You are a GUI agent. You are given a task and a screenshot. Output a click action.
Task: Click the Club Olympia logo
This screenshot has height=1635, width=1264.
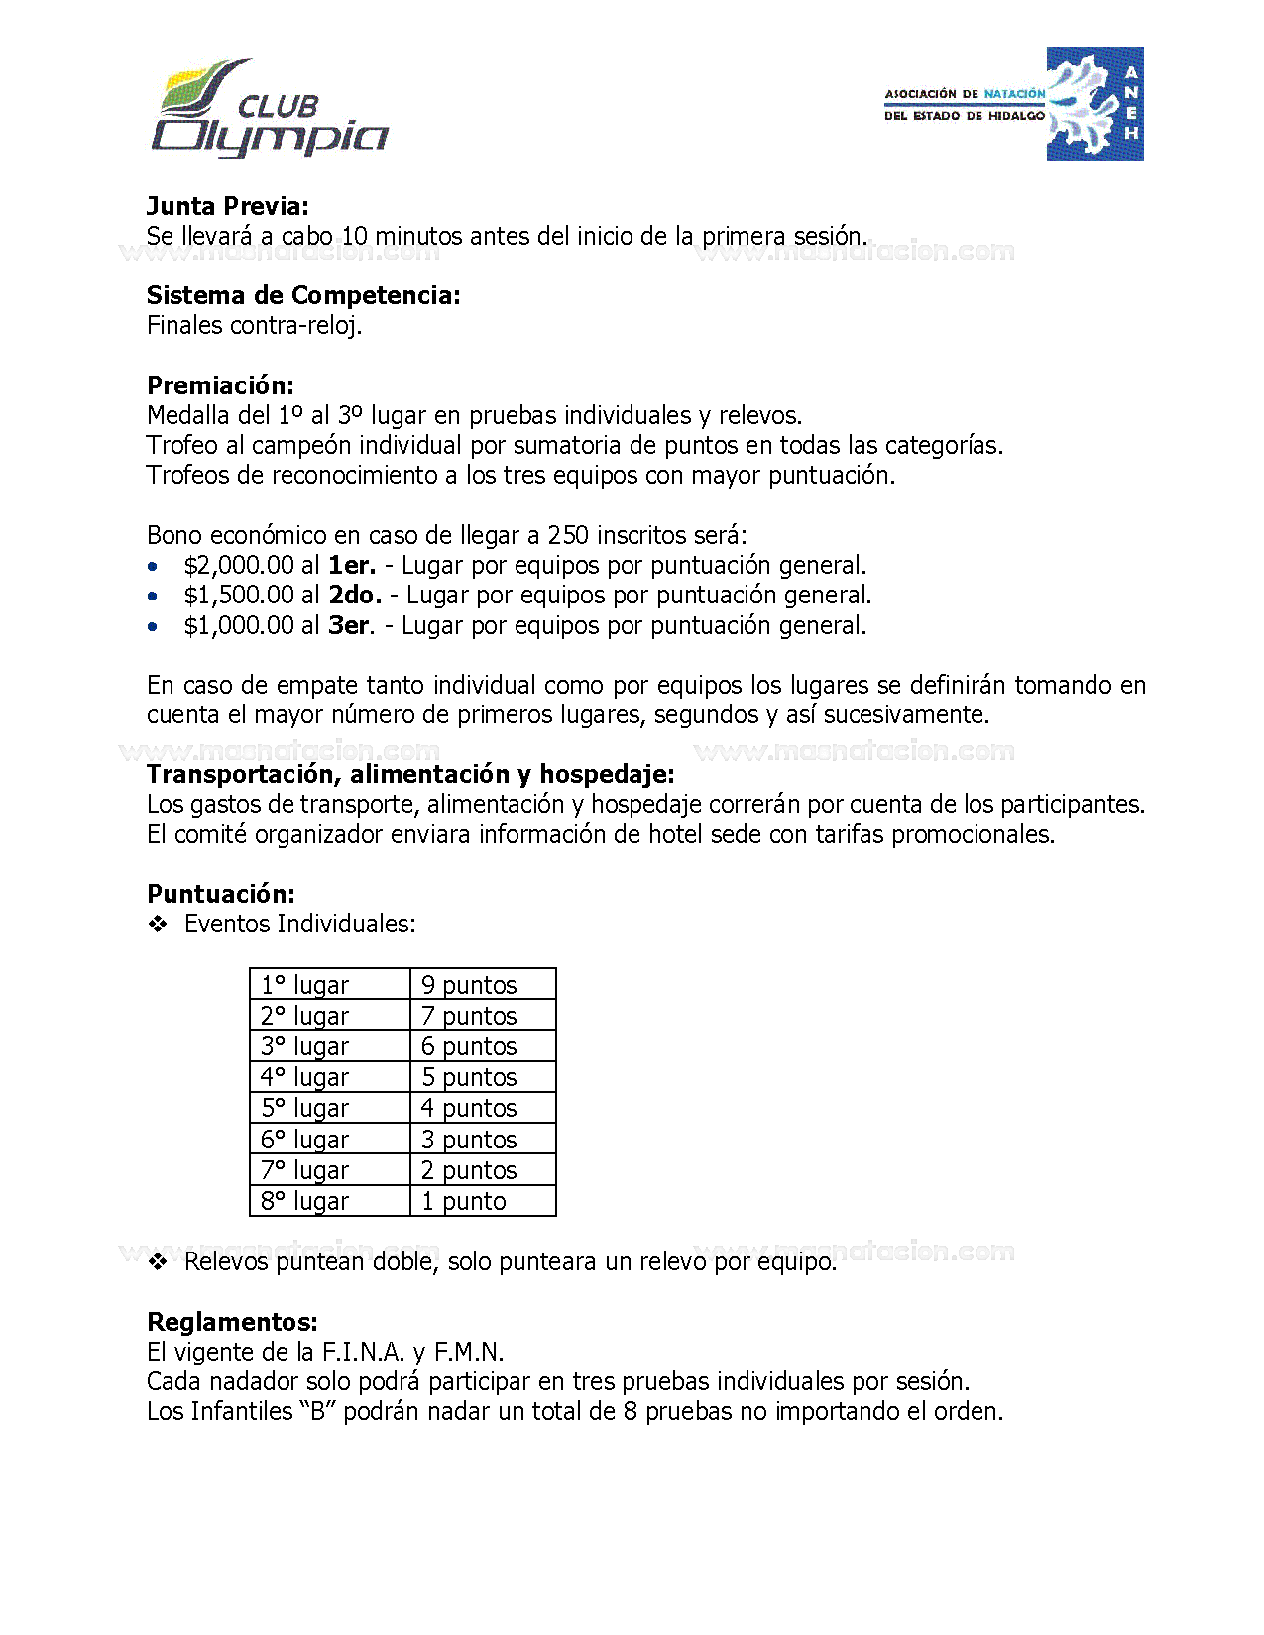[x=269, y=109]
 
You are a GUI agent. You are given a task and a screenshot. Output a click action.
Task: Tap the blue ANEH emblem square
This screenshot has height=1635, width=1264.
[x=1094, y=103]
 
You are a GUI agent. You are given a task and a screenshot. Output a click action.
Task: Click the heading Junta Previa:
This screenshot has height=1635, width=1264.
[x=228, y=206]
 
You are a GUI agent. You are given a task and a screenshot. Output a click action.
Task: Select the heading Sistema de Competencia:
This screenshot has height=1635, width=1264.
[x=303, y=295]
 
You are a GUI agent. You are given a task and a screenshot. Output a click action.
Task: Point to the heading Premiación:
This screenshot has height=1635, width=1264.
[x=220, y=385]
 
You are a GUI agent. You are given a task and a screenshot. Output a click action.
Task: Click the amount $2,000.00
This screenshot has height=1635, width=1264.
[x=239, y=566]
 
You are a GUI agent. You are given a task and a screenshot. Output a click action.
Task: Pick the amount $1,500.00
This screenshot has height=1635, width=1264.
[x=239, y=596]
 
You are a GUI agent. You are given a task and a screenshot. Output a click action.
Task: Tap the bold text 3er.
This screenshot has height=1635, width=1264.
[x=349, y=626]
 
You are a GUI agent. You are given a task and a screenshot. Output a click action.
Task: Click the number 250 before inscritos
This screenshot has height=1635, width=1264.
[x=568, y=536]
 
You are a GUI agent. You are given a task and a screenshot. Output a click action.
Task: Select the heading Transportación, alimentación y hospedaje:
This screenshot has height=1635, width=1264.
[x=410, y=774]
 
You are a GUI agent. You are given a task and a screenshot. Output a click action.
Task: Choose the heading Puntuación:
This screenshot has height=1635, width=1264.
[x=221, y=894]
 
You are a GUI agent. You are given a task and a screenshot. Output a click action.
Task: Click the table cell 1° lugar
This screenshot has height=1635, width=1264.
[x=305, y=985]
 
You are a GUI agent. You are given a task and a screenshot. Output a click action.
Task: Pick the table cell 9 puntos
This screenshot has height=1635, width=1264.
[x=469, y=985]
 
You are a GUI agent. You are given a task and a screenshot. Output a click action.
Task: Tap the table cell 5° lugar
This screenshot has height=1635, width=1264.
[x=305, y=1108]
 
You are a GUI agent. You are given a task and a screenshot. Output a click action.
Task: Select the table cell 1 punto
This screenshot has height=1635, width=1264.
[x=463, y=1201]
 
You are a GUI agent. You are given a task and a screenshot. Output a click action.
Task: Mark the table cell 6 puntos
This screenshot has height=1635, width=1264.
[x=469, y=1046]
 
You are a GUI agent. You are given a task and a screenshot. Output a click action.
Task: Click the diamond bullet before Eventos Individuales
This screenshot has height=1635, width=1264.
[x=158, y=925]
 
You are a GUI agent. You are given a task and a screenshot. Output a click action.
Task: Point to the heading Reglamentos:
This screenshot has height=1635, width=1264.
[x=232, y=1322]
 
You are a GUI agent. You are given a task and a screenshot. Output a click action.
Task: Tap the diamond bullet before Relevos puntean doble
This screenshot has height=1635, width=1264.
[x=158, y=1261]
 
